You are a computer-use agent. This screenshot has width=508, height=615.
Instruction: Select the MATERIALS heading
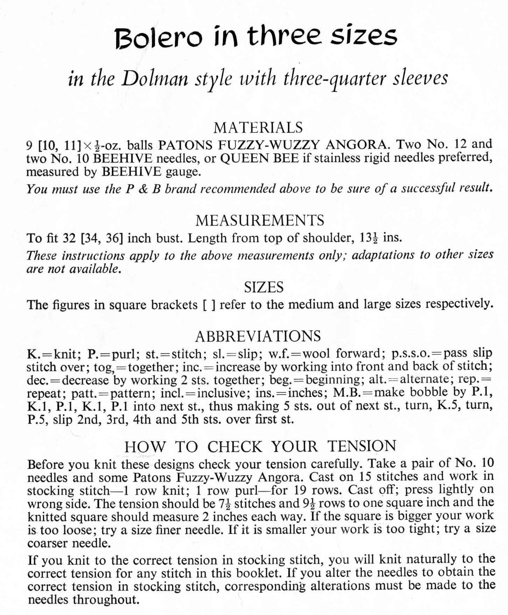[x=259, y=128]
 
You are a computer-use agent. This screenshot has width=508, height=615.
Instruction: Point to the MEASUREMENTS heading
[x=259, y=221]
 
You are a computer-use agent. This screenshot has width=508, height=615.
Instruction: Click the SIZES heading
[x=263, y=287]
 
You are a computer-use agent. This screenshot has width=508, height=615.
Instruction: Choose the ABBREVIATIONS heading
[x=258, y=336]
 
